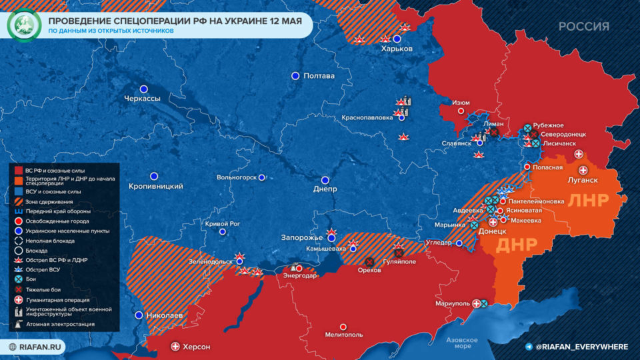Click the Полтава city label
point(319,76)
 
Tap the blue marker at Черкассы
point(143,89)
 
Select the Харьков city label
point(397,49)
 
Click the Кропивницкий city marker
point(154,176)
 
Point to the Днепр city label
point(325,189)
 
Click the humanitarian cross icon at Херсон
point(175,346)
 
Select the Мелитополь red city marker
point(343,327)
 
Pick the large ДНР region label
point(517,244)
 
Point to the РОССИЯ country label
point(583,27)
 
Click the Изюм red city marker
point(461,111)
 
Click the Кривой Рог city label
point(223,223)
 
